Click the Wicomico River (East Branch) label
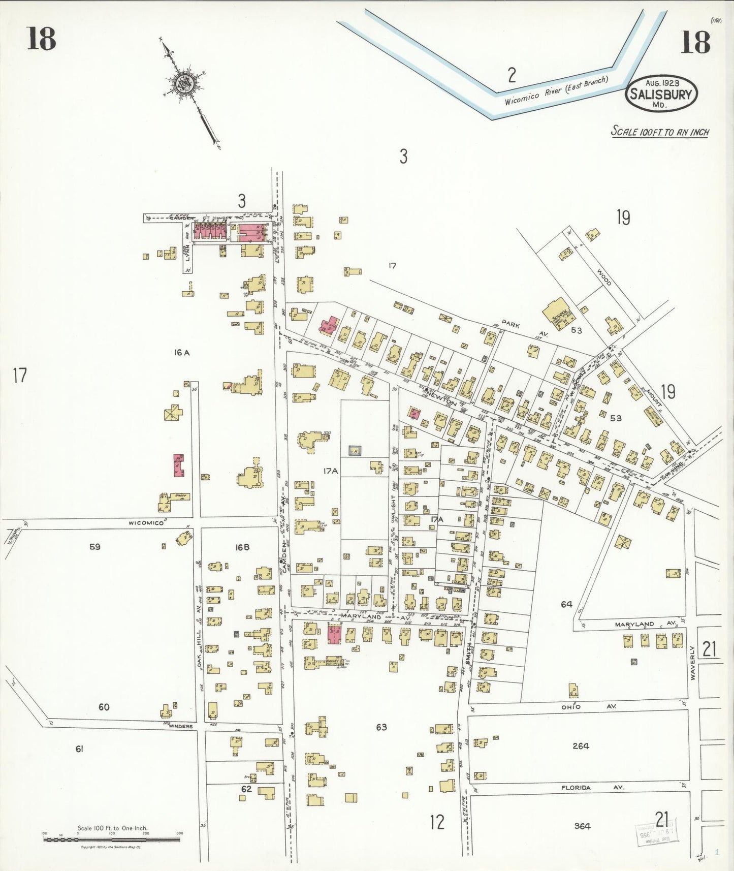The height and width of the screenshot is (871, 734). (556, 91)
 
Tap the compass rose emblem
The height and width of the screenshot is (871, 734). (183, 83)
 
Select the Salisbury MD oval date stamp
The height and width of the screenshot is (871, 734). (661, 94)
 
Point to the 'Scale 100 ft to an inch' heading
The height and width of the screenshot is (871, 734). (659, 132)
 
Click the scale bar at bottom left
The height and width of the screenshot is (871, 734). (112, 839)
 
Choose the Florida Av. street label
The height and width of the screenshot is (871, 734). (592, 788)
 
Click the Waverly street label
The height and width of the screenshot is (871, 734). (692, 663)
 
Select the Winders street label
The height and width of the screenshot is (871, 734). (181, 726)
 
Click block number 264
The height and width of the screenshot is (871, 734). (581, 746)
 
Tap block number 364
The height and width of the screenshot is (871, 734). (582, 826)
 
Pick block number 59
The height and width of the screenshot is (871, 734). (94, 547)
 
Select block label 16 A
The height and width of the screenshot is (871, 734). (181, 352)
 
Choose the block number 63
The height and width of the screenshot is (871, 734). (381, 727)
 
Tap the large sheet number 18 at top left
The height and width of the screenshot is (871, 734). (41, 39)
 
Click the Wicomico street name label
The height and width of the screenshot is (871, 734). (146, 522)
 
